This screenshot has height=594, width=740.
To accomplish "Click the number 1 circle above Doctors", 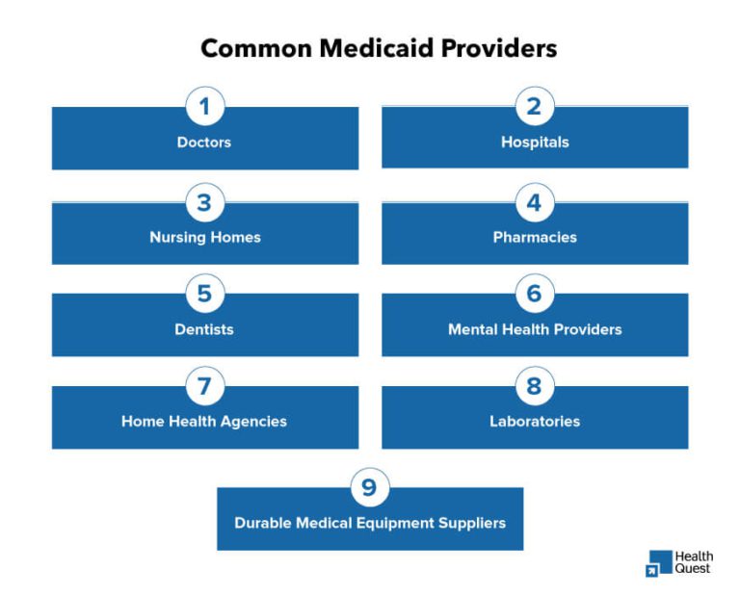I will point(204,107).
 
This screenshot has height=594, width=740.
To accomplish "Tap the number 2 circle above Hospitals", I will point(534,107).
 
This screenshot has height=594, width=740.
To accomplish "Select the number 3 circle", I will point(204,202).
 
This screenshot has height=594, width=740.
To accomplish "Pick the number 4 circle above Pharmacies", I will point(534,202).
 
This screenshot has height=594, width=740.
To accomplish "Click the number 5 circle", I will point(204,294).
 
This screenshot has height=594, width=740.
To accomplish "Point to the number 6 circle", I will point(534,294).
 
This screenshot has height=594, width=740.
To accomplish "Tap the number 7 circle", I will point(204,386).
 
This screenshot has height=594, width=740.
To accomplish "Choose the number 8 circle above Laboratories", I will point(534,386).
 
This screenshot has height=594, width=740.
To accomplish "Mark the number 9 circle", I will point(369,487).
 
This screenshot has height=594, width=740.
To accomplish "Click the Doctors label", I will point(204,142).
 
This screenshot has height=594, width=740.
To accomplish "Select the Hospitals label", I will point(535,142).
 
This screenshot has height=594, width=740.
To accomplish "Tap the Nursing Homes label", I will point(204,237).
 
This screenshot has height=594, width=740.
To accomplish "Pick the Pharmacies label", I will point(535,237).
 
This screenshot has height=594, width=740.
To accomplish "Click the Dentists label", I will point(204,329).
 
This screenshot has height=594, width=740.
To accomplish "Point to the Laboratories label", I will point(535,422).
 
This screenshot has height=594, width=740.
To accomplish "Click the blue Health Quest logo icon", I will point(659,563).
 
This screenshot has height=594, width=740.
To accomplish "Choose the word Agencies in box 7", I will point(254,422).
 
